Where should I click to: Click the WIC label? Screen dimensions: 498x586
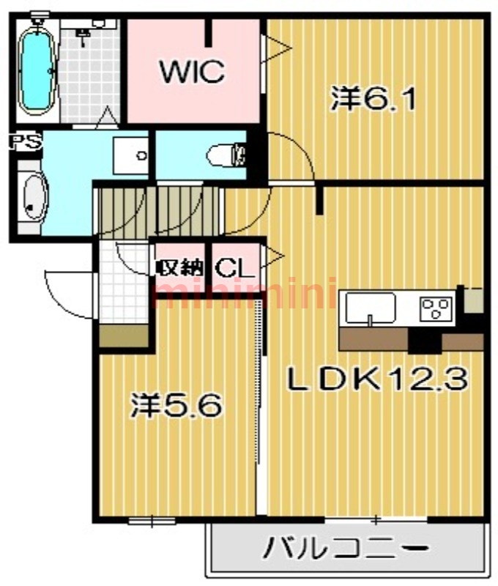pos(192,71)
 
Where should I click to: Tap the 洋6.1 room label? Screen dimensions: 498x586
pos(373,99)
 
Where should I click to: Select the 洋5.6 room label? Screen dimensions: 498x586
pos(176,405)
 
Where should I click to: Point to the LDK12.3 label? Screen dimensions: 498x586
pos(377,379)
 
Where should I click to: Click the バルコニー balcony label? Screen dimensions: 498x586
pos(346,549)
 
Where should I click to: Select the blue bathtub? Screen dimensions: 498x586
pos(36,71)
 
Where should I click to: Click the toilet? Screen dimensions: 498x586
pos(226,155)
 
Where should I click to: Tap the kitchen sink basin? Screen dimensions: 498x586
pos(371,308)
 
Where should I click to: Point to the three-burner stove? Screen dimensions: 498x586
pos(436,308)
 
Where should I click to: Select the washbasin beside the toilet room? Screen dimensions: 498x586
pos(131,155)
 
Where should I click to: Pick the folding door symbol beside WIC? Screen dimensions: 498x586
pos(276,48)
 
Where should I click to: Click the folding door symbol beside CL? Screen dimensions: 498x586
pos(272,256)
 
